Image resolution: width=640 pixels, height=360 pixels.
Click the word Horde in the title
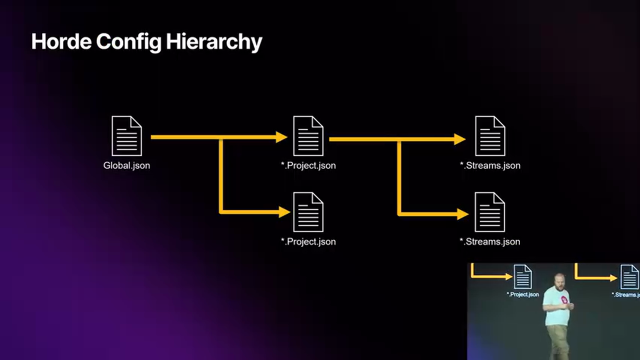pyautogui.click(x=61, y=41)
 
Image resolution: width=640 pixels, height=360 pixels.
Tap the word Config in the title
pyautogui.click(x=128, y=41)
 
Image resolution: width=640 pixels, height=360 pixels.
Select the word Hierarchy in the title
pyautogui.click(x=214, y=42)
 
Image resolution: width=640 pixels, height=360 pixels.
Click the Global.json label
pyautogui.click(x=126, y=165)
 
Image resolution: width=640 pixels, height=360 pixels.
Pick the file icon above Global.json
pyautogui.click(x=126, y=136)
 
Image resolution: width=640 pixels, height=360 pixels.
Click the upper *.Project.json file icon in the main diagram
pyautogui.click(x=308, y=136)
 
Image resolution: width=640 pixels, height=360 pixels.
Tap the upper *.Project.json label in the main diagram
pyautogui.click(x=308, y=165)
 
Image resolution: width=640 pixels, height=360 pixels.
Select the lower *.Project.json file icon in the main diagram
pyautogui.click(x=308, y=212)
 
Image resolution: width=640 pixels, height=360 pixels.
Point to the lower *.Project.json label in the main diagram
pyautogui.click(x=308, y=241)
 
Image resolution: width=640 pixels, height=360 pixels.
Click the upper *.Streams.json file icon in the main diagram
pyautogui.click(x=490, y=136)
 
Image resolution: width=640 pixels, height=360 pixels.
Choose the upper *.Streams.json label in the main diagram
pyautogui.click(x=490, y=165)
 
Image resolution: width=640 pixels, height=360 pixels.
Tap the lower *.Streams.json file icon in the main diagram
pyautogui.click(x=490, y=212)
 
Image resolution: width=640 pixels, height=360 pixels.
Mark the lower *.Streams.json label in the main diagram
pyautogui.click(x=490, y=241)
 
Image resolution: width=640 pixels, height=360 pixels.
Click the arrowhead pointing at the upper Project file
pyautogui.click(x=282, y=137)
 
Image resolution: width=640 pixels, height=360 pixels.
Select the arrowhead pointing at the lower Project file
pyautogui.click(x=284, y=212)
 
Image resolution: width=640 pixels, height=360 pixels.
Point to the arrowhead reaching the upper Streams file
pyautogui.click(x=460, y=139)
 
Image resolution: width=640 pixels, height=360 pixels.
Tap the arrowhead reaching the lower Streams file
pyautogui.click(x=462, y=214)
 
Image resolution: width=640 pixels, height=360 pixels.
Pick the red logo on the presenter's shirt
pyautogui.click(x=564, y=300)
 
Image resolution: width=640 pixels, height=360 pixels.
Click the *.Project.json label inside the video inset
pyautogui.click(x=523, y=294)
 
